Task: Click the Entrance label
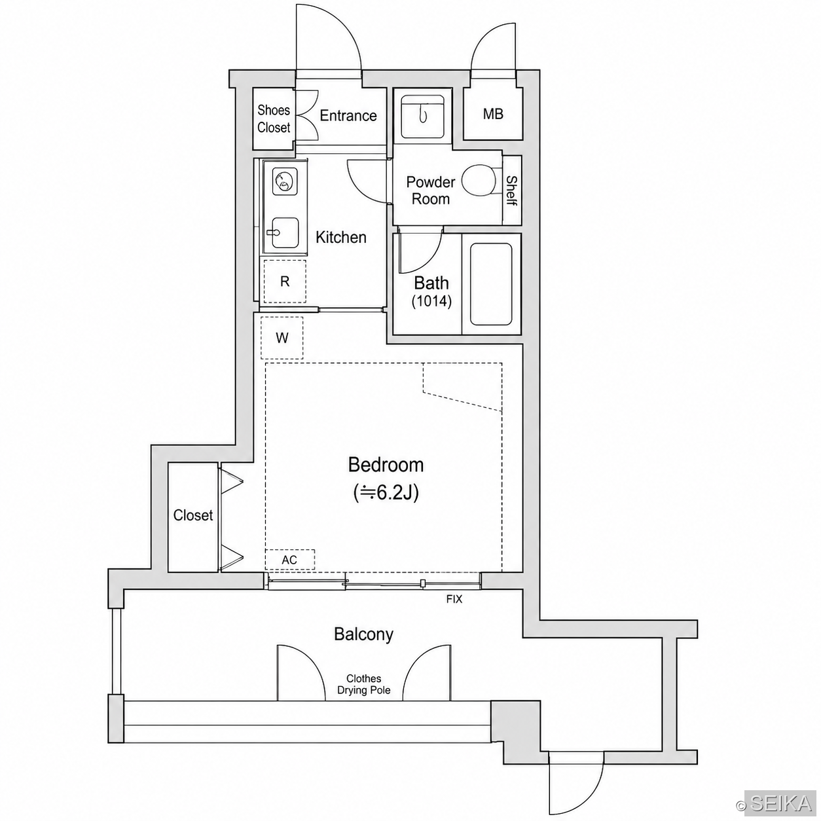point(348,115)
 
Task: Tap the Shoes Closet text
point(274,119)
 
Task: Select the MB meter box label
point(493,114)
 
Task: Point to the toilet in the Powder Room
point(480,180)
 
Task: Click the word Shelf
point(512,191)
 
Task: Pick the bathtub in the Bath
point(490,284)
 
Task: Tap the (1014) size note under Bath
point(431,301)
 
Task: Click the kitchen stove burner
point(285,182)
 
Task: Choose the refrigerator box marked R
point(285,281)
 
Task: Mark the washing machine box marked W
point(282,338)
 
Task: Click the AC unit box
point(290,560)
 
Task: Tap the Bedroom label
point(386,465)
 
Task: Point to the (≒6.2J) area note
point(386,493)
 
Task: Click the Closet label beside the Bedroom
point(193,515)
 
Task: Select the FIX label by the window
point(454,599)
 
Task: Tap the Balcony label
point(363,634)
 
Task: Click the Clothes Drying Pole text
point(364,684)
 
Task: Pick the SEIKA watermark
point(781,803)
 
